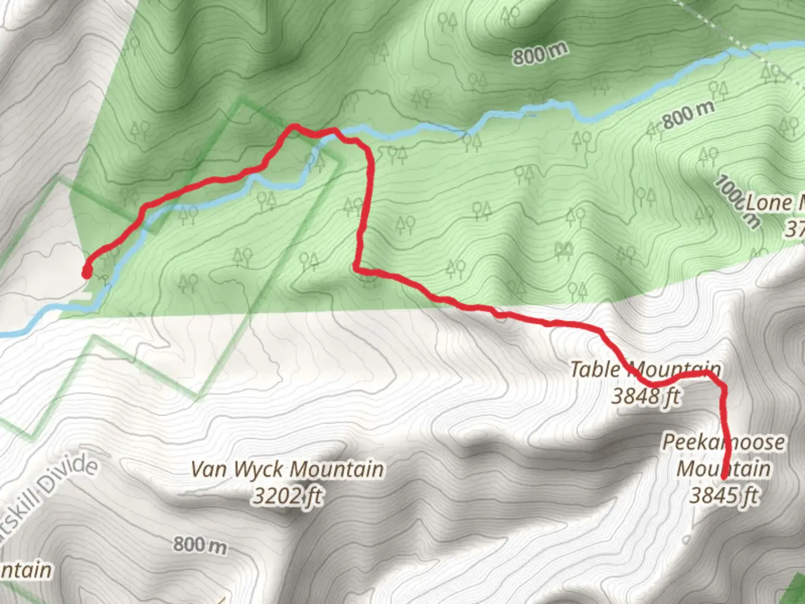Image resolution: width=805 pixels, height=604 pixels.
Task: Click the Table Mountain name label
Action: (x=645, y=370)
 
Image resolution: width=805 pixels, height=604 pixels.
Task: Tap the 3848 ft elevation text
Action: (x=645, y=396)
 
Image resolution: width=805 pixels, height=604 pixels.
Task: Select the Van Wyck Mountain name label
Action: (x=287, y=469)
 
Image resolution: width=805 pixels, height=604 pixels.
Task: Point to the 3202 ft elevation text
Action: (x=287, y=496)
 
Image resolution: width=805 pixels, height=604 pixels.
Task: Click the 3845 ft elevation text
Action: (x=723, y=496)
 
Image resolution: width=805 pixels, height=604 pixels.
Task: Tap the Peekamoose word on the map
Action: (x=723, y=442)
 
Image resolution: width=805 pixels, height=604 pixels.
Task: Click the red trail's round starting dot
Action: (x=87, y=273)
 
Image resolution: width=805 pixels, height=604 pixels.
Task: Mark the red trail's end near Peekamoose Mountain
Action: (x=725, y=477)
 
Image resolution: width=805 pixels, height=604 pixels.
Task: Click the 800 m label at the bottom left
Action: (x=200, y=544)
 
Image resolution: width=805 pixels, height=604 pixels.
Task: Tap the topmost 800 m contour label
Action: (x=540, y=54)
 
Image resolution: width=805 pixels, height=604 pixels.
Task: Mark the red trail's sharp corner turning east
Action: (x=357, y=270)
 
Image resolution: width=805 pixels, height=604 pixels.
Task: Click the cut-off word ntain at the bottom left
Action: (x=25, y=570)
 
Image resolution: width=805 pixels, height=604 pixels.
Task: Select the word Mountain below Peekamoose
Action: (x=723, y=469)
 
